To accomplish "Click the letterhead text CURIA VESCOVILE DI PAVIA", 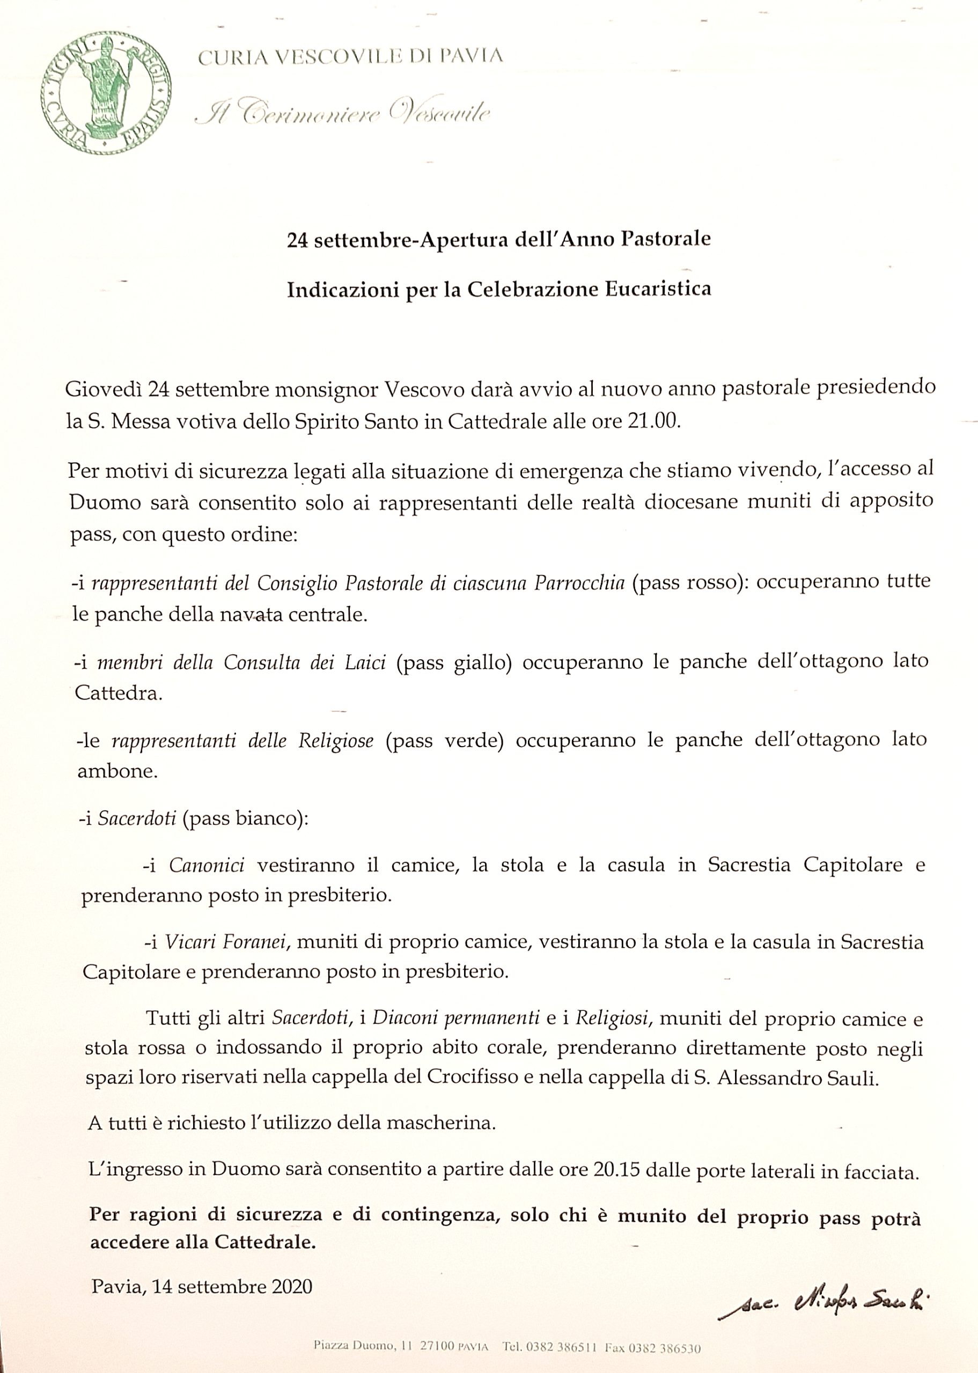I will click(350, 56).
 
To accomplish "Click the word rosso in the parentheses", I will click(711, 581).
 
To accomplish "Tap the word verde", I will click(473, 740).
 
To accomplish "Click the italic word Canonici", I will click(206, 866).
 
